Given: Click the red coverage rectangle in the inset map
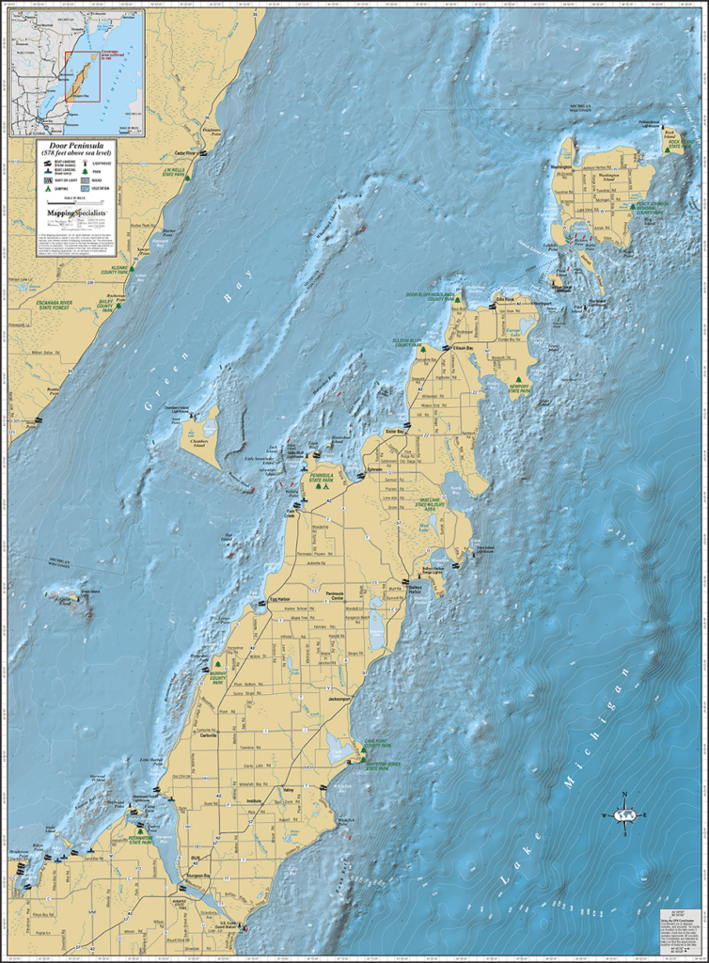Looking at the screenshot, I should [81, 76].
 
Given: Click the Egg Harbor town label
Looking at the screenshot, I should [281, 598].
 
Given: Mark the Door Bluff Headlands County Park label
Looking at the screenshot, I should [431, 295].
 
